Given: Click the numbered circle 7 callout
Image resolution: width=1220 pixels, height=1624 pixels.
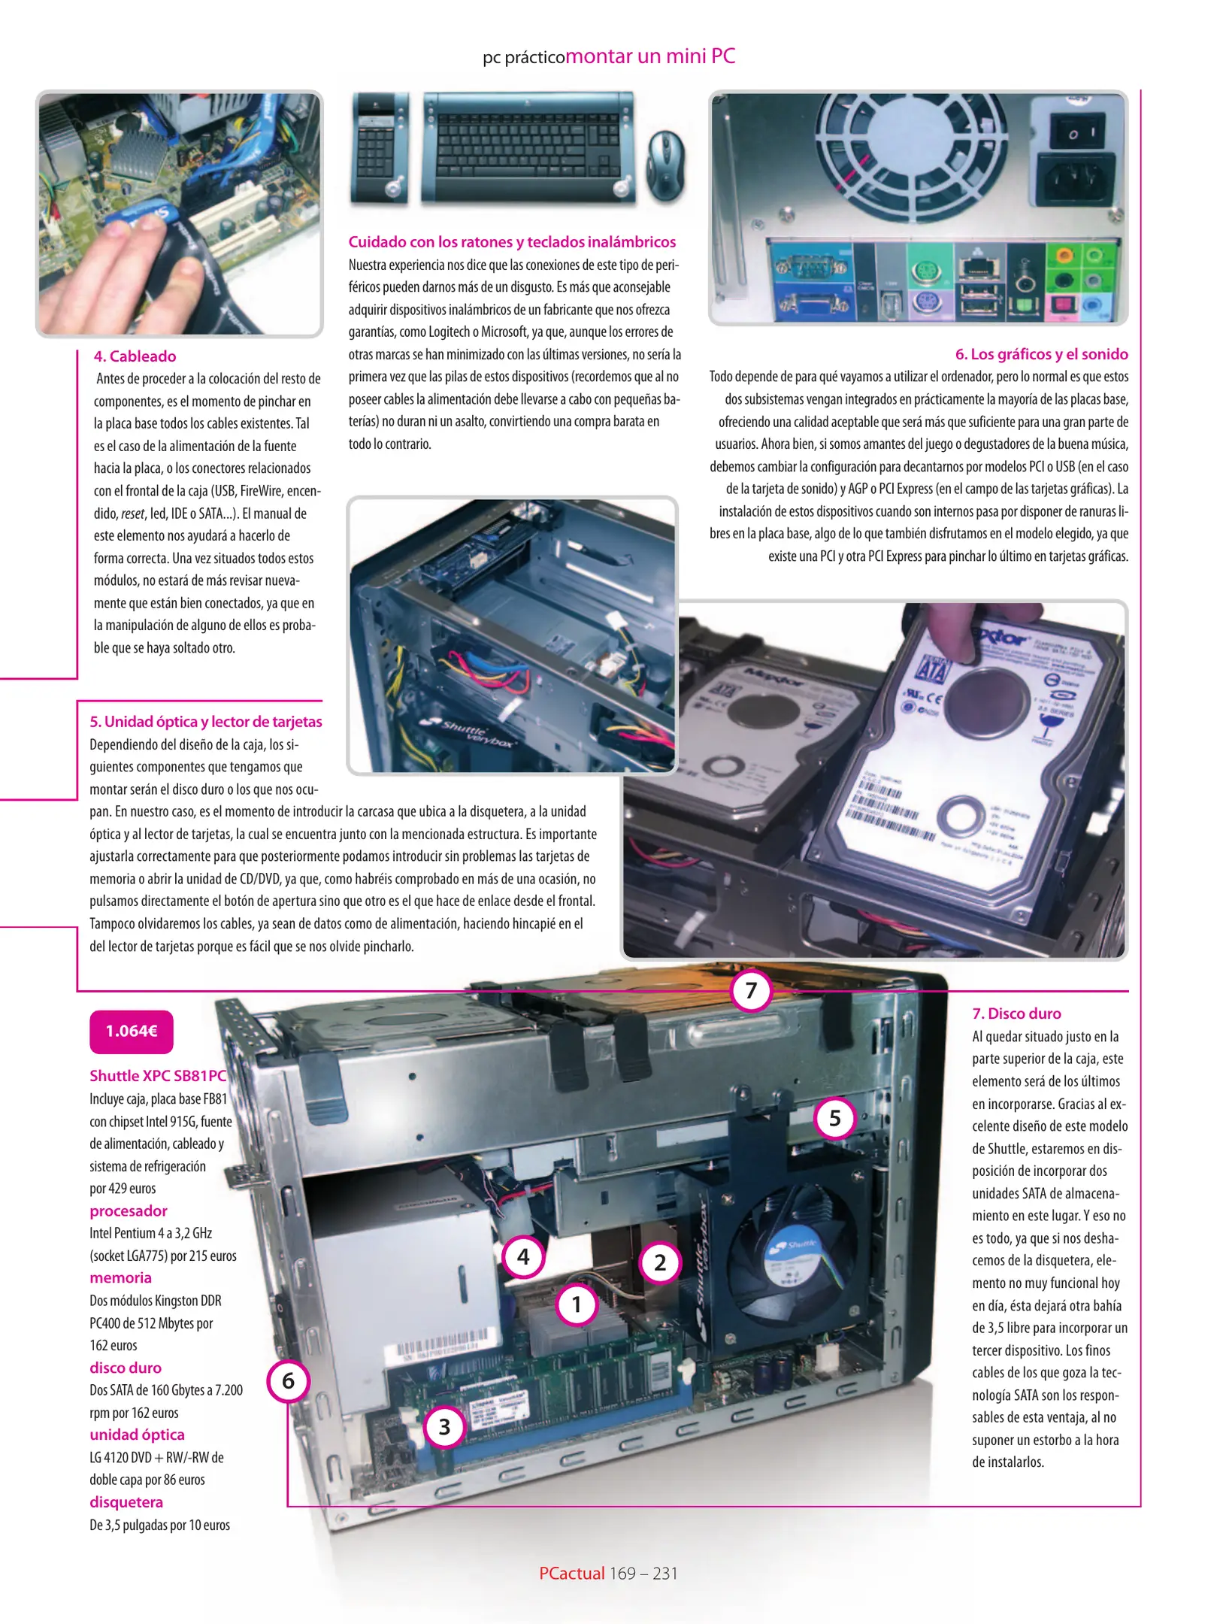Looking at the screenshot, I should [750, 990].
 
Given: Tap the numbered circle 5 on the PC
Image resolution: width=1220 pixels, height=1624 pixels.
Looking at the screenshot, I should [834, 1118].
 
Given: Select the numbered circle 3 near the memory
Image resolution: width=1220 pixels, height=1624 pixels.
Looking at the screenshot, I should [444, 1426].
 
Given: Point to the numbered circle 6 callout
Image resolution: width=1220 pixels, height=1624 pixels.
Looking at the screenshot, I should [288, 1380].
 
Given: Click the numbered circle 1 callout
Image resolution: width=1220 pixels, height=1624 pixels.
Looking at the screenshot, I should [577, 1304].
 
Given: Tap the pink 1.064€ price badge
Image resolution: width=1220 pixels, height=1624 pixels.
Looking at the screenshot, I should [132, 1032].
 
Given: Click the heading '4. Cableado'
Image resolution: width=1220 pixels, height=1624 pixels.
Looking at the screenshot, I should [135, 356].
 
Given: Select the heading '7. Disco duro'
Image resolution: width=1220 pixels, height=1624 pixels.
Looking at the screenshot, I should [1016, 1013].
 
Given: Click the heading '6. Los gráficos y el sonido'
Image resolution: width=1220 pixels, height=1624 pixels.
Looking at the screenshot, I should [1041, 354].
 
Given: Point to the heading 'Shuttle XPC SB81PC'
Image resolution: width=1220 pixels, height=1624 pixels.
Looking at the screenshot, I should [158, 1076].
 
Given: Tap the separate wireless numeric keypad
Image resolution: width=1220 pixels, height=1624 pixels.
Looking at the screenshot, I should [380, 148].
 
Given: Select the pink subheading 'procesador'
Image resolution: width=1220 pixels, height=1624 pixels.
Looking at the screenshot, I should [129, 1211].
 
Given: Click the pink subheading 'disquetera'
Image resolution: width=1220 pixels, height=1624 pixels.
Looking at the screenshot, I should [126, 1502].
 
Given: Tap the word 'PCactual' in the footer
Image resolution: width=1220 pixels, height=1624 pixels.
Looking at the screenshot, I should [571, 1573].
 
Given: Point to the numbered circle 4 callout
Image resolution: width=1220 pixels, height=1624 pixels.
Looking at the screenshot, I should [523, 1256].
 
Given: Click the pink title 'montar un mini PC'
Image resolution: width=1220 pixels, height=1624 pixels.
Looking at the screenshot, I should [650, 56].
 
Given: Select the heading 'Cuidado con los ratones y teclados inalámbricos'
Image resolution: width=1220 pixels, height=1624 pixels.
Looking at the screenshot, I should [512, 242].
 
